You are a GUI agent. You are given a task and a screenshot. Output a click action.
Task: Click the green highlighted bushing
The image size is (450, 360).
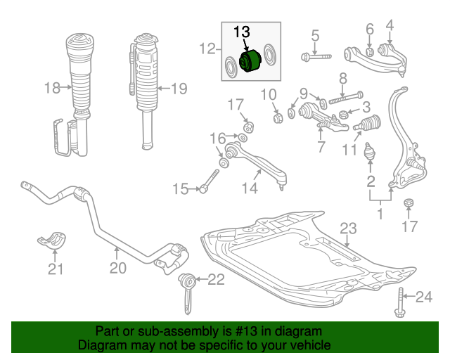pos(250,61)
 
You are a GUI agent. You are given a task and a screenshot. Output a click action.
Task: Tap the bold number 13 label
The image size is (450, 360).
pos(242,32)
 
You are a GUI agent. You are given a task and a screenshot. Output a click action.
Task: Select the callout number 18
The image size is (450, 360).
pos(52,88)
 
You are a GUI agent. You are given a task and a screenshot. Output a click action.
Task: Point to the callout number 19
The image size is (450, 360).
pos(179,89)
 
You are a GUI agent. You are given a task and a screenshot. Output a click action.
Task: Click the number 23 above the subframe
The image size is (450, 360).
pos(348,229)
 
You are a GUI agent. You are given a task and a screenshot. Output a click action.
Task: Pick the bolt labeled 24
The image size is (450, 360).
pos(400,302)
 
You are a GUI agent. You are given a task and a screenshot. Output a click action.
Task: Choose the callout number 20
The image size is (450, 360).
pos(118,268)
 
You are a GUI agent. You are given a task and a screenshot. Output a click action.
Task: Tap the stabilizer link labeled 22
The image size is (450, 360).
pos(187,292)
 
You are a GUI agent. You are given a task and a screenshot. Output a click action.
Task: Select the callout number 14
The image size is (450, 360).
pos(250,188)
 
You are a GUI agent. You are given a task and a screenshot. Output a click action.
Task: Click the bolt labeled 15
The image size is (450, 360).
pos(210,181)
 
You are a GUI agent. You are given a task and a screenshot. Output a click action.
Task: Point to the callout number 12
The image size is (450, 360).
pos(207,49)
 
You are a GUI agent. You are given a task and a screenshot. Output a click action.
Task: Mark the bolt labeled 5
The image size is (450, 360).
pos(316,56)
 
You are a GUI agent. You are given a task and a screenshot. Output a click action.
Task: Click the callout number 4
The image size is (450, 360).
pos(390,25)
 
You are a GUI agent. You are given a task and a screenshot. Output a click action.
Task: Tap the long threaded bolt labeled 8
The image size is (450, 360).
pos(346,98)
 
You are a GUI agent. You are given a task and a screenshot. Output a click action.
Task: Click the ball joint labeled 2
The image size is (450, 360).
pos(370,151)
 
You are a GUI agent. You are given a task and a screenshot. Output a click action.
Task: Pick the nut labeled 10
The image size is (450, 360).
pos(278,117)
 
